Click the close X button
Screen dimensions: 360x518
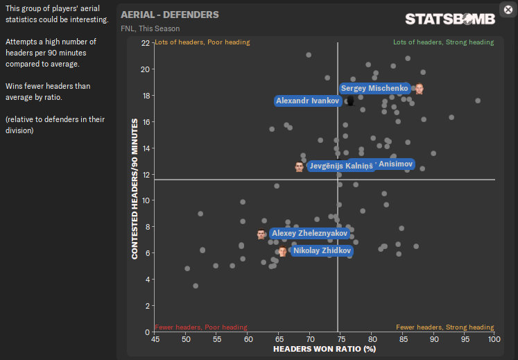(507, 9)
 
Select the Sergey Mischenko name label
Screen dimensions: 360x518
(375, 89)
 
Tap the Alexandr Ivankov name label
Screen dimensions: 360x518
(307, 101)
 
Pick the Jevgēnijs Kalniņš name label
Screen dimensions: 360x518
(340, 166)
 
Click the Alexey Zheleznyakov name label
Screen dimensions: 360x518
(309, 234)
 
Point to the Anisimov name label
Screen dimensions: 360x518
(395, 164)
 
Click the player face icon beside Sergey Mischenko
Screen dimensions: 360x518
(419, 89)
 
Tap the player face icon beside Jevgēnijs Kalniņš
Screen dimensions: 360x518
(299, 166)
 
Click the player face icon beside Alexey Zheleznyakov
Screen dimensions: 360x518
(261, 234)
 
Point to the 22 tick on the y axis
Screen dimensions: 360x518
(146, 43)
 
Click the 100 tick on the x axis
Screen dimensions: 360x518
(494, 338)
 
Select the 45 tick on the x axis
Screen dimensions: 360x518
(155, 338)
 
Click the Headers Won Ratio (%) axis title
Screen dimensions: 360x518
(325, 350)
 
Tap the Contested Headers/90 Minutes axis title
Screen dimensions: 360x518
(135, 187)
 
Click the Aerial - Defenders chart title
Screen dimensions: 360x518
(169, 15)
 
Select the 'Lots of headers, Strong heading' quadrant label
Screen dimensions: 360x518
(443, 42)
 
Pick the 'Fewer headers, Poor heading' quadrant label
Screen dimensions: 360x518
(201, 327)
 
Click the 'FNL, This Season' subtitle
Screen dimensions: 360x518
(150, 28)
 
